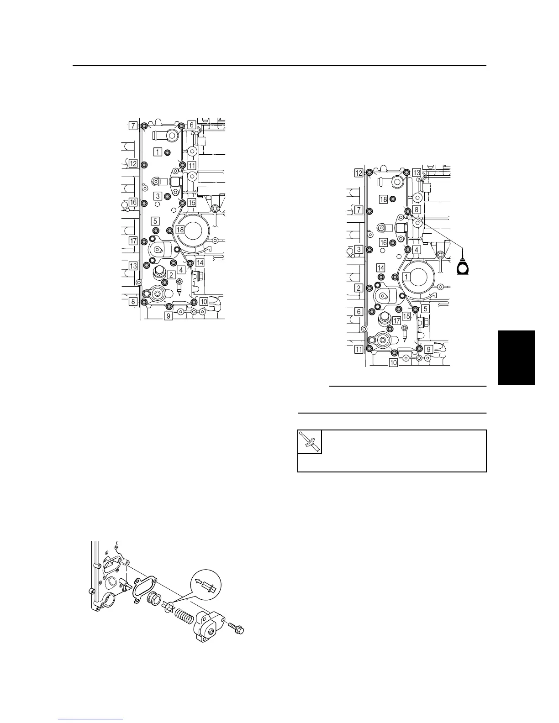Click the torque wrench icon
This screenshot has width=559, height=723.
tap(310, 442)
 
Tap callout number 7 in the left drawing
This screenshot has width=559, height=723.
tap(132, 126)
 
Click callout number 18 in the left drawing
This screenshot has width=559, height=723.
tap(180, 230)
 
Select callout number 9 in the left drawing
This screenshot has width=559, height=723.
tap(169, 315)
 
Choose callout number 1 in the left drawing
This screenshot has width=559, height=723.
tap(158, 152)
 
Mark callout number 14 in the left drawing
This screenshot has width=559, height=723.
tap(200, 262)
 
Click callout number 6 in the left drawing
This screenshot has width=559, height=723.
tap(192, 125)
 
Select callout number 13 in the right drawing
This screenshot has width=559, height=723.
tap(417, 173)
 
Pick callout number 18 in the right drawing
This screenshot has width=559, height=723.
tap(383, 199)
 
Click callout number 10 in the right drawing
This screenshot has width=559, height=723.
tap(393, 363)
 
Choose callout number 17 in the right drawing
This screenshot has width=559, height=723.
tap(396, 321)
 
